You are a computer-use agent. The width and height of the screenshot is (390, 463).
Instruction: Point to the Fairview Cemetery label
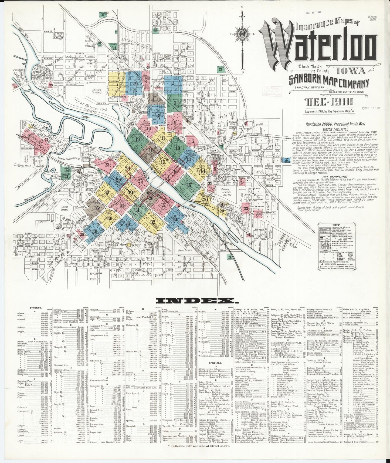click(x=97, y=91)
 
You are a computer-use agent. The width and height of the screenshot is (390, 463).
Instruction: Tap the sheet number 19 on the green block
click(x=138, y=139)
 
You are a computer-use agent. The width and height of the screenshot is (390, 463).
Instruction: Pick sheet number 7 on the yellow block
click(x=117, y=83)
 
